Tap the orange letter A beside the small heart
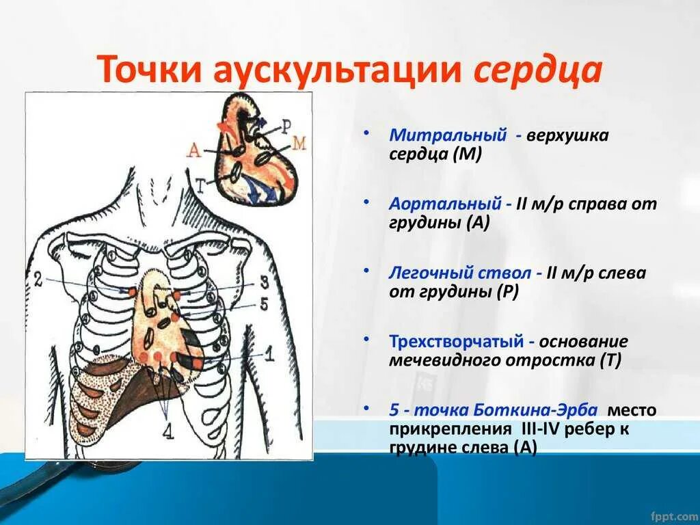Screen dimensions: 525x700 tap(194, 152)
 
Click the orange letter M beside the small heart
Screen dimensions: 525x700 tap(299, 143)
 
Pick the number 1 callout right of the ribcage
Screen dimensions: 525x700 tap(269, 354)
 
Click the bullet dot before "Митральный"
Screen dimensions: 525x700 tap(368, 131)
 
